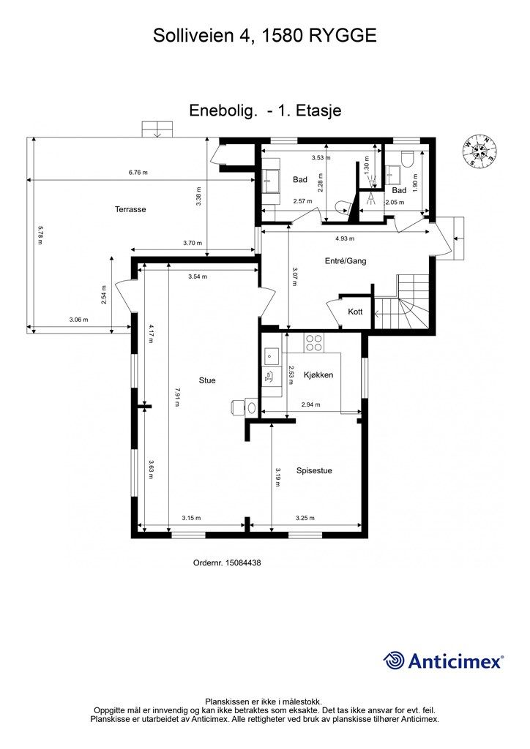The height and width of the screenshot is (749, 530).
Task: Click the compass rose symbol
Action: click(x=480, y=152)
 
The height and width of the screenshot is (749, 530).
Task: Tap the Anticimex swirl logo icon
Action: click(x=394, y=660)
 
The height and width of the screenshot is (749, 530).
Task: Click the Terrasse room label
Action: click(x=130, y=209)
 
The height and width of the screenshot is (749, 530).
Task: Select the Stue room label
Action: click(x=207, y=380)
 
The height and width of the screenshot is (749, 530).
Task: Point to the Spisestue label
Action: click(x=314, y=470)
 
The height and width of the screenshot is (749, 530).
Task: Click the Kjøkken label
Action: click(x=318, y=375)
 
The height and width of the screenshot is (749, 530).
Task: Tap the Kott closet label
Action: click(x=355, y=312)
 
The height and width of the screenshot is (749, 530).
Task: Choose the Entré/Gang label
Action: click(x=346, y=261)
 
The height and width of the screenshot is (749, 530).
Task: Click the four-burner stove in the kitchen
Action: click(x=314, y=342)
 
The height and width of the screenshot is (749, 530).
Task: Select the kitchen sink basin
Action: click(x=272, y=355)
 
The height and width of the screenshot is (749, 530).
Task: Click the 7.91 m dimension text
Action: click(x=177, y=397)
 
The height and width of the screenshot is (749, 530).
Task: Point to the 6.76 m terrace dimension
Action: click(x=138, y=173)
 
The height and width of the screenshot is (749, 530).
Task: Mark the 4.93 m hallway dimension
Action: click(x=345, y=238)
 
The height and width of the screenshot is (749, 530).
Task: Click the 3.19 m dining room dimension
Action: click(x=277, y=477)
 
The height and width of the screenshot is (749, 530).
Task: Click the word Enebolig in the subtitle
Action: click(x=223, y=110)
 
